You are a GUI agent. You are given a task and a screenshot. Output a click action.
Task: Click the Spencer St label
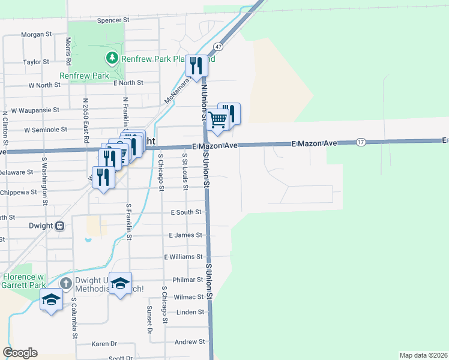click(x=113, y=20)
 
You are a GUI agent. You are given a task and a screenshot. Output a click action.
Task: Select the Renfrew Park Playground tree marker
click(x=112, y=58)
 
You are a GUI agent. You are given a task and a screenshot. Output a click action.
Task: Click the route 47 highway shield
click(x=218, y=46)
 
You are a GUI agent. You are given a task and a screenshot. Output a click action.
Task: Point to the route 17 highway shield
click(x=360, y=142)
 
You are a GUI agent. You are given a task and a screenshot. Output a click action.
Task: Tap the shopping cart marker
click(x=218, y=119)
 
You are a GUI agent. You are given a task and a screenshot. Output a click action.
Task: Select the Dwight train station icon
click(x=59, y=226)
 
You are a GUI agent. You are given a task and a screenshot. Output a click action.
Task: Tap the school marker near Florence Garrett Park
click(x=51, y=299)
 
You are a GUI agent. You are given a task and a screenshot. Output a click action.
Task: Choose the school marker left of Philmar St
click(x=121, y=284)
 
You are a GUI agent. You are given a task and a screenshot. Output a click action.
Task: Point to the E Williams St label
click(x=184, y=257)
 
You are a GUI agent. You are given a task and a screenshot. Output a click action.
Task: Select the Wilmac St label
click(x=188, y=297)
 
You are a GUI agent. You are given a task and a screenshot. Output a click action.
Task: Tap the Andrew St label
click(x=189, y=342)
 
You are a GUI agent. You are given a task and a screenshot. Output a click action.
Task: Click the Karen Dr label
click(x=104, y=344)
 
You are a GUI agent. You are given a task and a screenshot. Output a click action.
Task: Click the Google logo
click(x=20, y=353)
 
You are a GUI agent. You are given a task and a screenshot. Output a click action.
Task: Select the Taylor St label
click(x=36, y=62)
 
